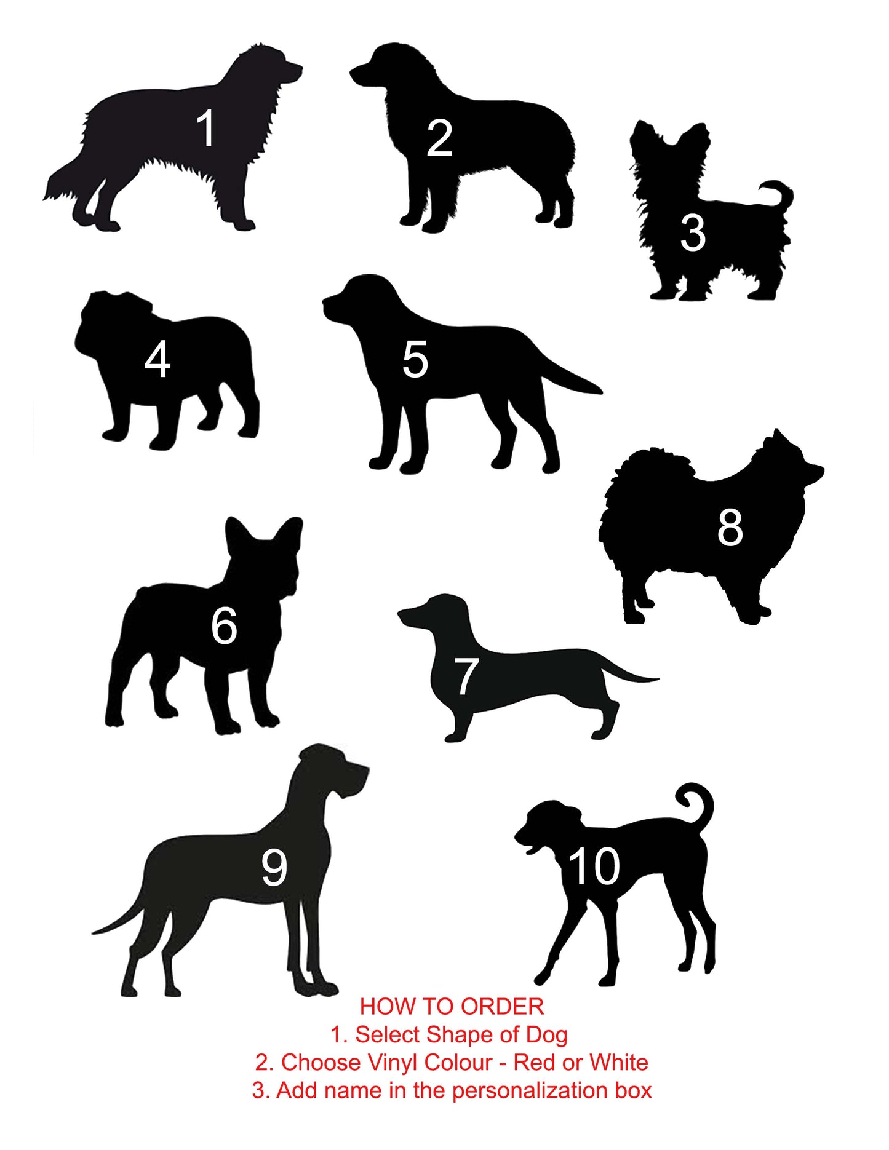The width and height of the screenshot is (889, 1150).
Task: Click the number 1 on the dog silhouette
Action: (x=206, y=128)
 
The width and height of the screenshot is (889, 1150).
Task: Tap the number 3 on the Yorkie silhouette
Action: (x=693, y=234)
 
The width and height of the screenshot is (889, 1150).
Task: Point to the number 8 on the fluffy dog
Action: (x=730, y=527)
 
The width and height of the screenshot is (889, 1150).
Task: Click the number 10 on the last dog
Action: (x=593, y=866)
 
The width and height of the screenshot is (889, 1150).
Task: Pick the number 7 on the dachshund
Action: (x=466, y=676)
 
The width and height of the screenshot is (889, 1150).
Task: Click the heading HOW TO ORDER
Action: (x=452, y=1007)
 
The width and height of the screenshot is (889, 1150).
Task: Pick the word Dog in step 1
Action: (x=546, y=1036)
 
